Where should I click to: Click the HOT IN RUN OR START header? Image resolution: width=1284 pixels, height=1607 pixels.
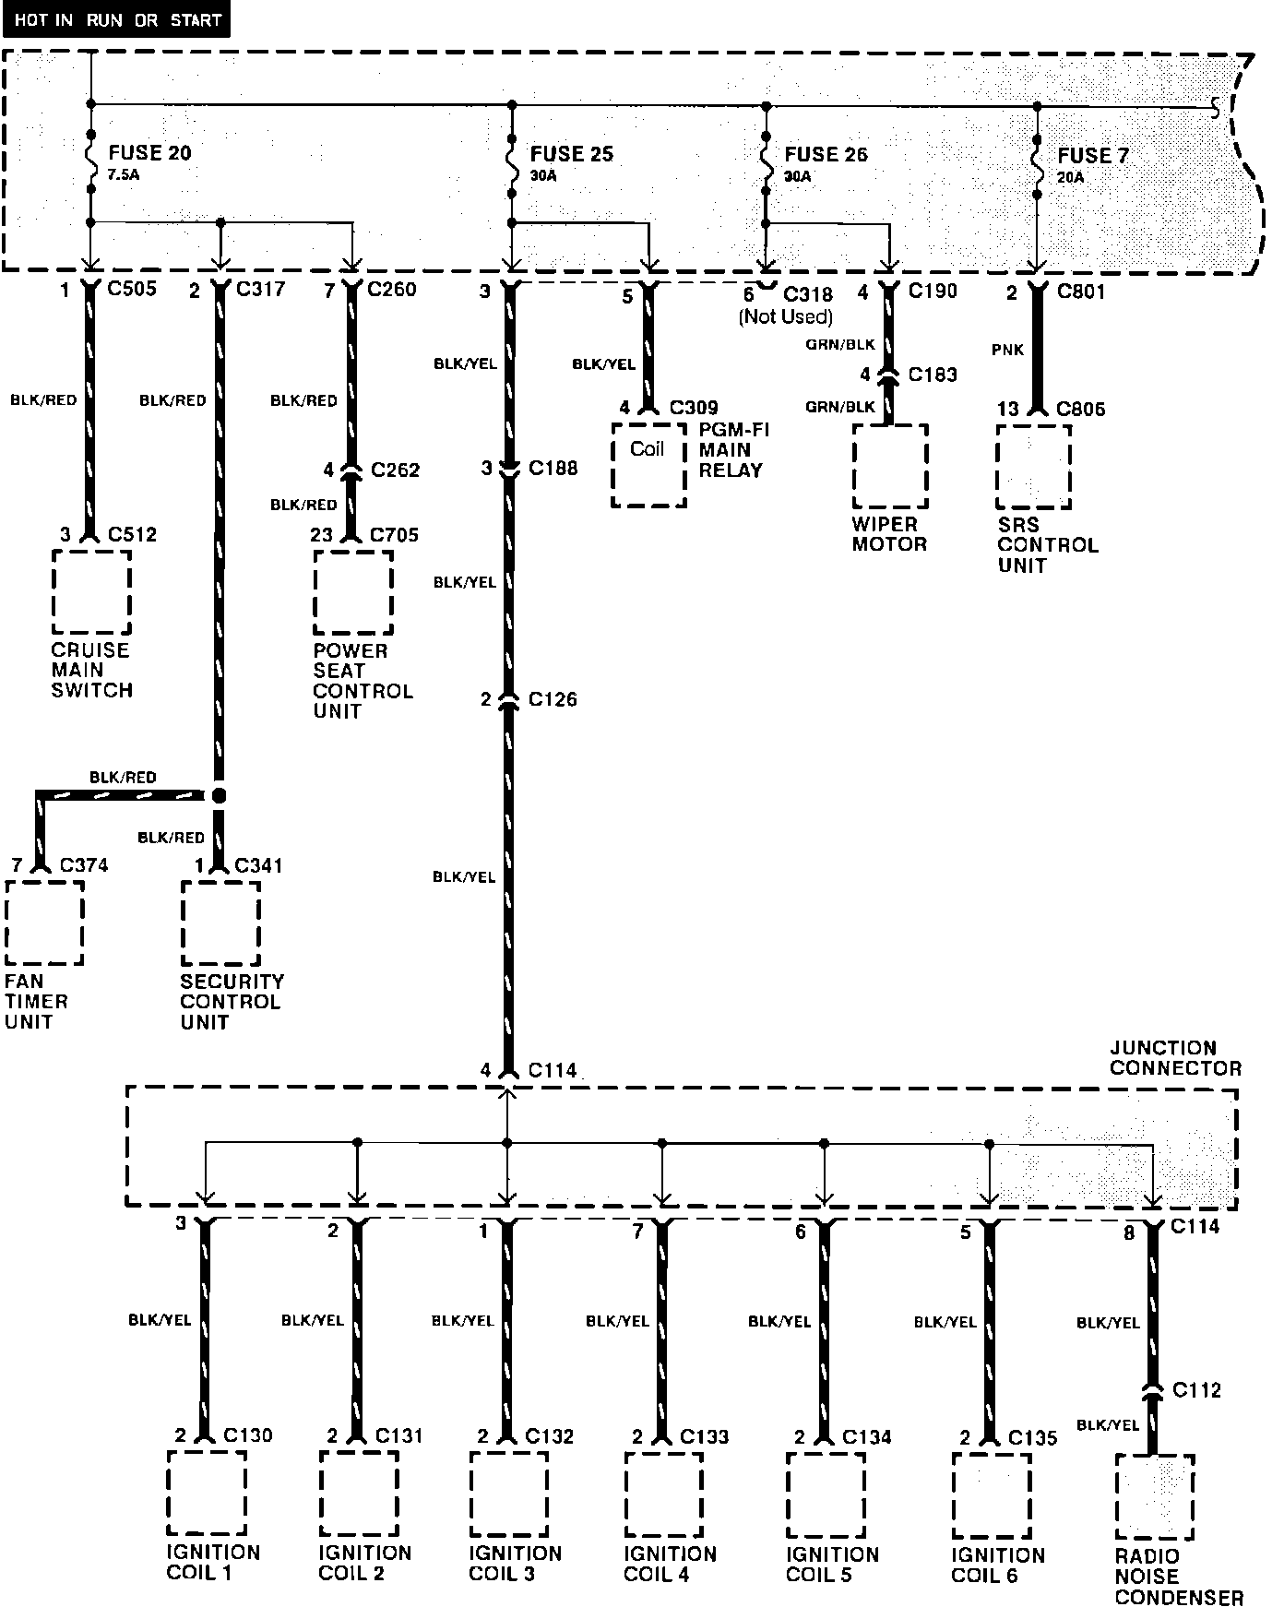coord(117,19)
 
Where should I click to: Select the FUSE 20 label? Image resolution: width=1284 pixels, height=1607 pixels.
coord(149,153)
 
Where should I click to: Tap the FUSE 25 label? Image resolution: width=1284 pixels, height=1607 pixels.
coord(571,154)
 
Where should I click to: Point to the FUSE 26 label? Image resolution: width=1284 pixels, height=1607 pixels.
coord(826,155)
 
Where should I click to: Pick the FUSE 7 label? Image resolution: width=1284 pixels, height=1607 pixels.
coord(1092,156)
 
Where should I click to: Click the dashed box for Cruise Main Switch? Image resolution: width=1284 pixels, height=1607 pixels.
coord(91,592)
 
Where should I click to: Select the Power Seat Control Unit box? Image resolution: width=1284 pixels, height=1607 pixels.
coord(352,592)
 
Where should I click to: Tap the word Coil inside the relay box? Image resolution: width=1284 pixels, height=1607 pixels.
coord(647,449)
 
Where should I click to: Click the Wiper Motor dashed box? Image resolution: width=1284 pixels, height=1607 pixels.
coord(889,466)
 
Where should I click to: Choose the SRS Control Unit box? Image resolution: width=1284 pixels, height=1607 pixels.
coord(1033,467)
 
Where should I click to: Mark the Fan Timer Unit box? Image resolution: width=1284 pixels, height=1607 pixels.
coord(44,923)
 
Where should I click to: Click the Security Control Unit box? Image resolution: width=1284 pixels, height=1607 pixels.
coord(220,923)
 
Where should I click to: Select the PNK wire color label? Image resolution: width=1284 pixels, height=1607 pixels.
coord(1007,351)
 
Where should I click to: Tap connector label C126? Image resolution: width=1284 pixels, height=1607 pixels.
coord(553,699)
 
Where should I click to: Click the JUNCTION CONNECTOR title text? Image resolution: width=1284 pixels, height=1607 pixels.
coord(1175,1058)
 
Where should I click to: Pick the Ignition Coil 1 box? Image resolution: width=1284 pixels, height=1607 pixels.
coord(207,1493)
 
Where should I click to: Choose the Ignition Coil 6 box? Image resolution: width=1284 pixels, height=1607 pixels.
coord(991,1494)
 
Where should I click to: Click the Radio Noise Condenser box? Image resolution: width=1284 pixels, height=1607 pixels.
coord(1154,1496)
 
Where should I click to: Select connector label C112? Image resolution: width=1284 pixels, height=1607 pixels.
coord(1196,1389)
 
